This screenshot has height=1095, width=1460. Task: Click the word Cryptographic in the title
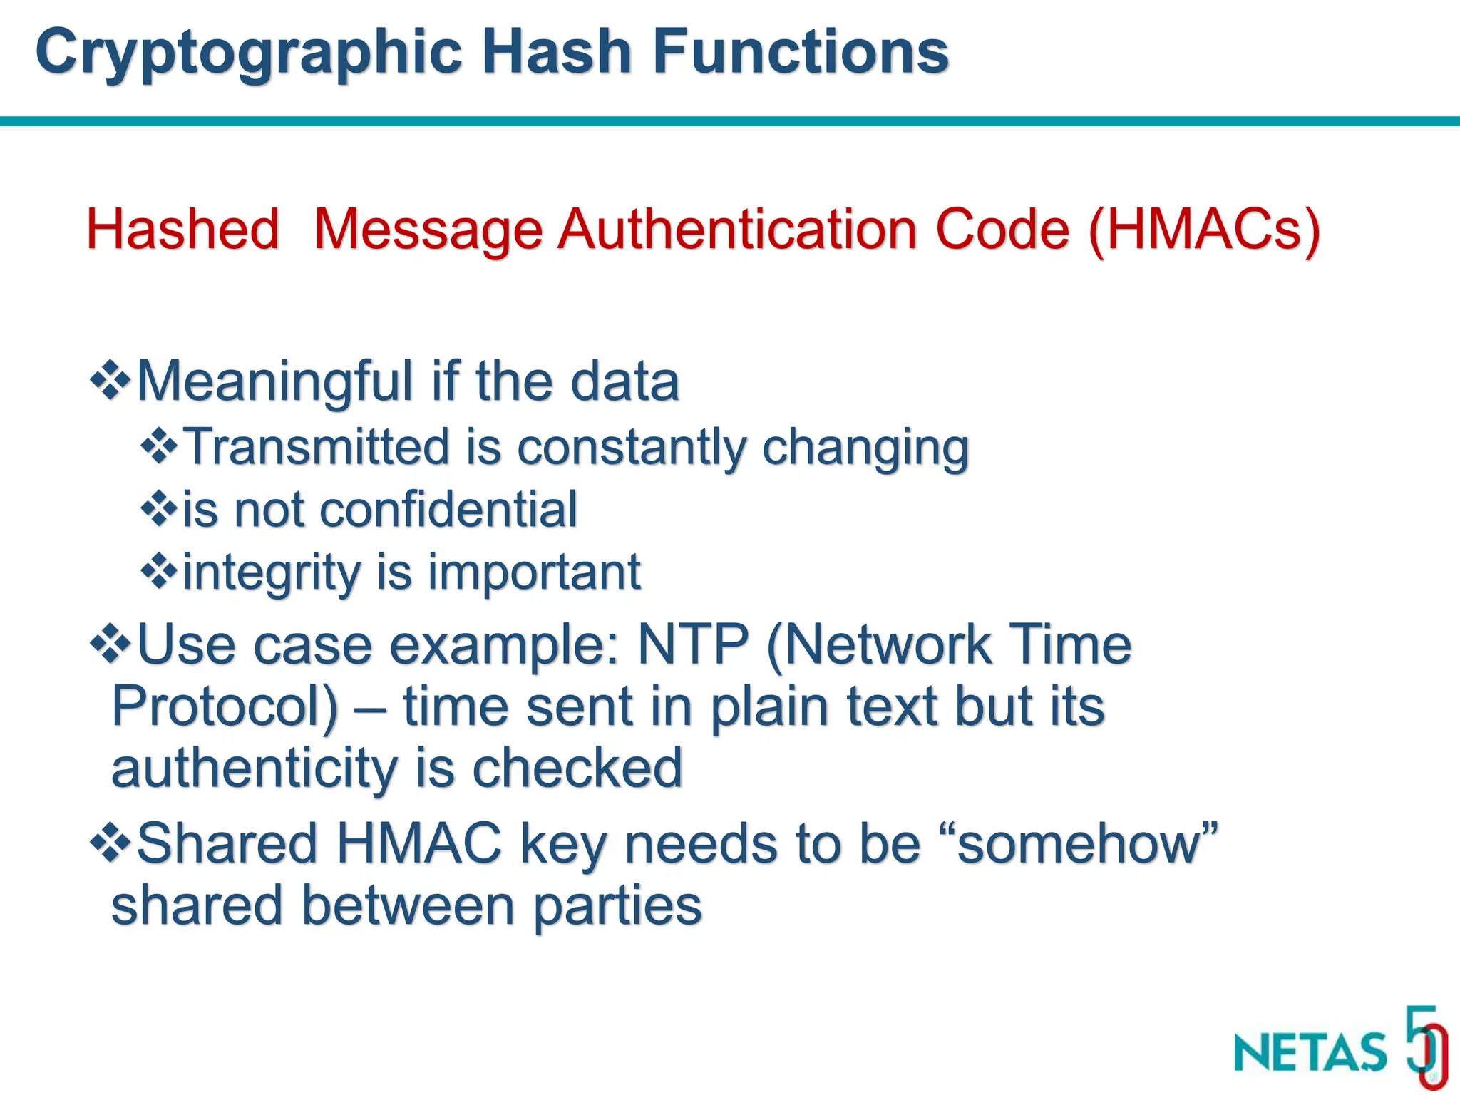point(249,53)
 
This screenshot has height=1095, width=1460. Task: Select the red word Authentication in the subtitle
point(737,230)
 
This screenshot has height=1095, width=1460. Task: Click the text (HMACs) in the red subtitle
point(1205,230)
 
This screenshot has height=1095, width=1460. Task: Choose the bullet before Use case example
point(110,644)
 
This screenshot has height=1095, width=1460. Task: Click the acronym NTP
point(692,644)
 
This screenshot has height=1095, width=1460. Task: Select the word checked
point(577,768)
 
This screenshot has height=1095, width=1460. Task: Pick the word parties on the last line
point(617,906)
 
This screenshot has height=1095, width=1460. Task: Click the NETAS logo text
point(1310,1052)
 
